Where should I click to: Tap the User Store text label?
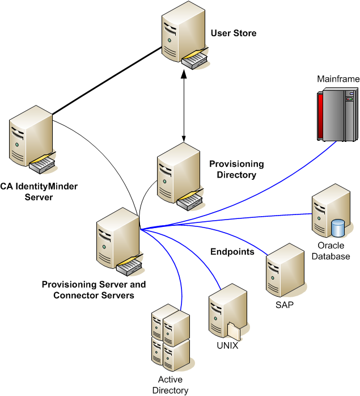click(234, 33)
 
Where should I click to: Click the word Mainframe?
click(338, 79)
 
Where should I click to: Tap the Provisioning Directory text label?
click(236, 169)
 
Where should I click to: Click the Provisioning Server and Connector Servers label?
click(94, 290)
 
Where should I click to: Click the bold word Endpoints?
click(232, 252)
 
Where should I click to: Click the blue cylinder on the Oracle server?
click(338, 228)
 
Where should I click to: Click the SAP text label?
click(283, 304)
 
